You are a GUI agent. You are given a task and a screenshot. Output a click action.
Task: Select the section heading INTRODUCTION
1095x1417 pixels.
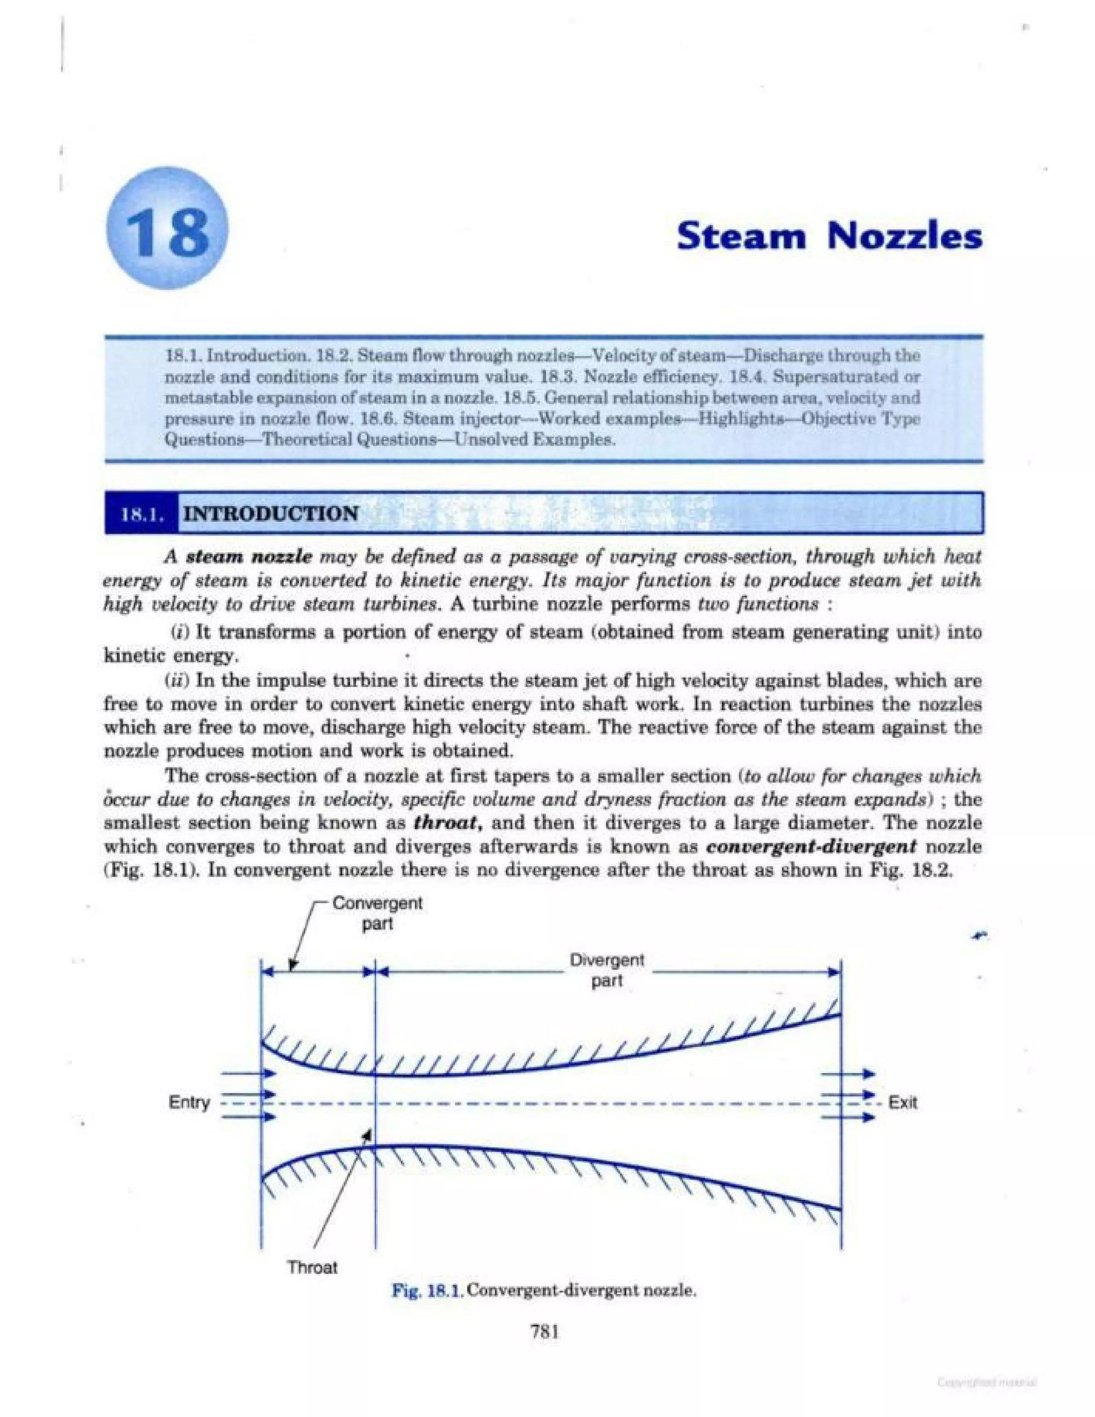(x=271, y=514)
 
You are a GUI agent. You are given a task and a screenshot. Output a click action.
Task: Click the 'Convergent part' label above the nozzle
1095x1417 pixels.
(x=377, y=913)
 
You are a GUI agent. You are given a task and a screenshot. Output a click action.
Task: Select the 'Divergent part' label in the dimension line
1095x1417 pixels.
(x=606, y=970)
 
